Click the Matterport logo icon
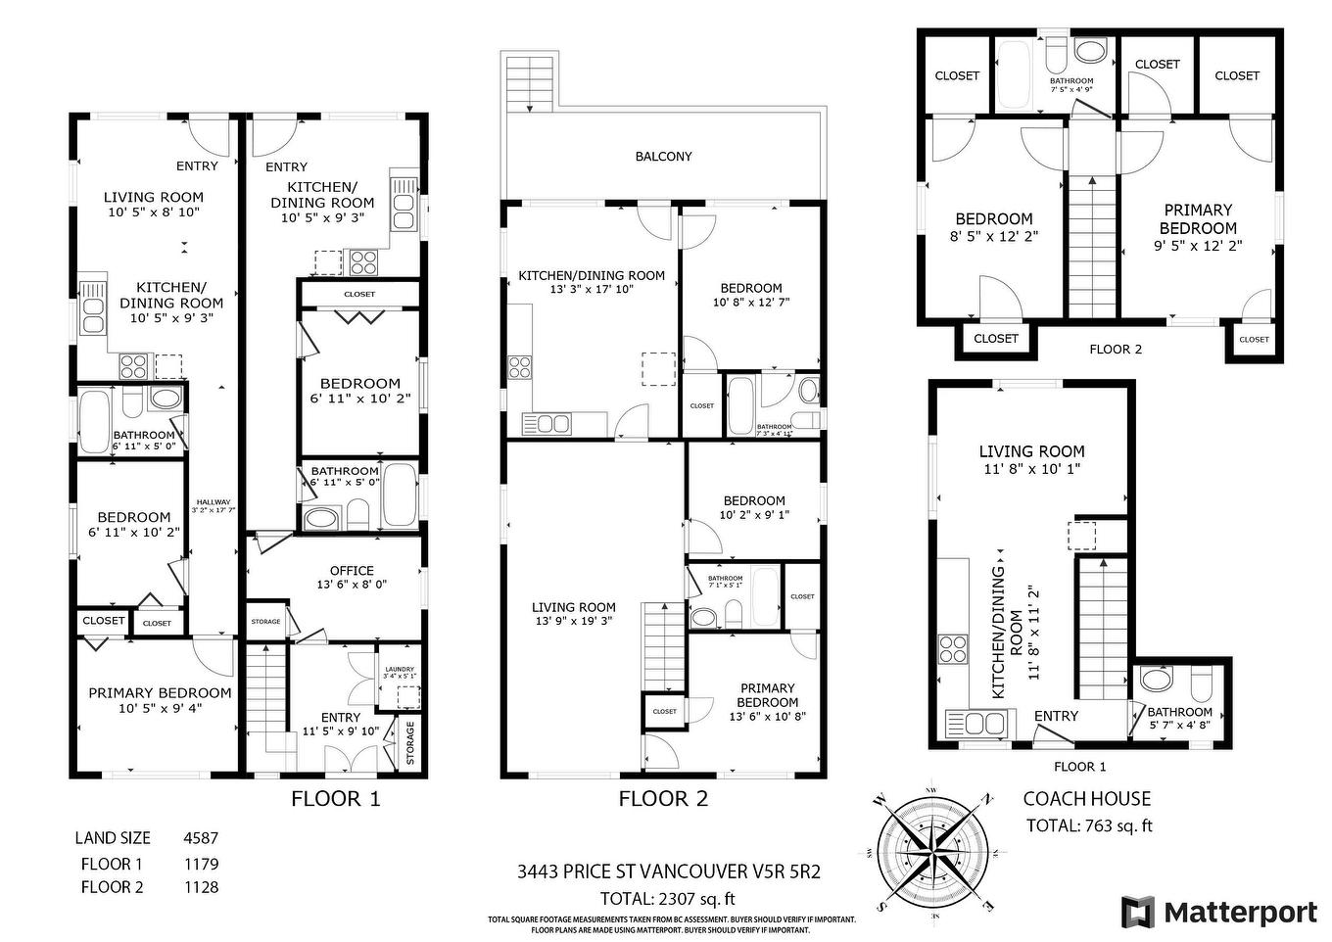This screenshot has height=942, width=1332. [x=1138, y=912]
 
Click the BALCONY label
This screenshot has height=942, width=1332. [x=663, y=157]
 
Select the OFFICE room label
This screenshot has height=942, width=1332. [x=352, y=571]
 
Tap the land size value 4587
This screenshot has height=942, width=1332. [x=201, y=838]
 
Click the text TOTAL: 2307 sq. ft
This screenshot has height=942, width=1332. [x=667, y=898]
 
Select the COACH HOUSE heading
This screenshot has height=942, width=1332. [x=1087, y=799]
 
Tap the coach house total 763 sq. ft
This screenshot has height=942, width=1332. [x=1088, y=825]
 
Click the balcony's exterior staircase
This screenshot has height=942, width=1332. [x=529, y=76]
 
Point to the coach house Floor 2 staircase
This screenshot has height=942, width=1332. [x=1091, y=245]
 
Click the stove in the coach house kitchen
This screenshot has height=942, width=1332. [x=953, y=650]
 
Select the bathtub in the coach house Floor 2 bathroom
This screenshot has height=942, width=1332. [x=1015, y=74]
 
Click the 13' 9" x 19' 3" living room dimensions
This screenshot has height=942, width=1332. [x=574, y=621]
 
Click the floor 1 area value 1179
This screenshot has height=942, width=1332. [x=201, y=864]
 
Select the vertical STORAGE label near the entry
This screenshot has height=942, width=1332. [x=410, y=743]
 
